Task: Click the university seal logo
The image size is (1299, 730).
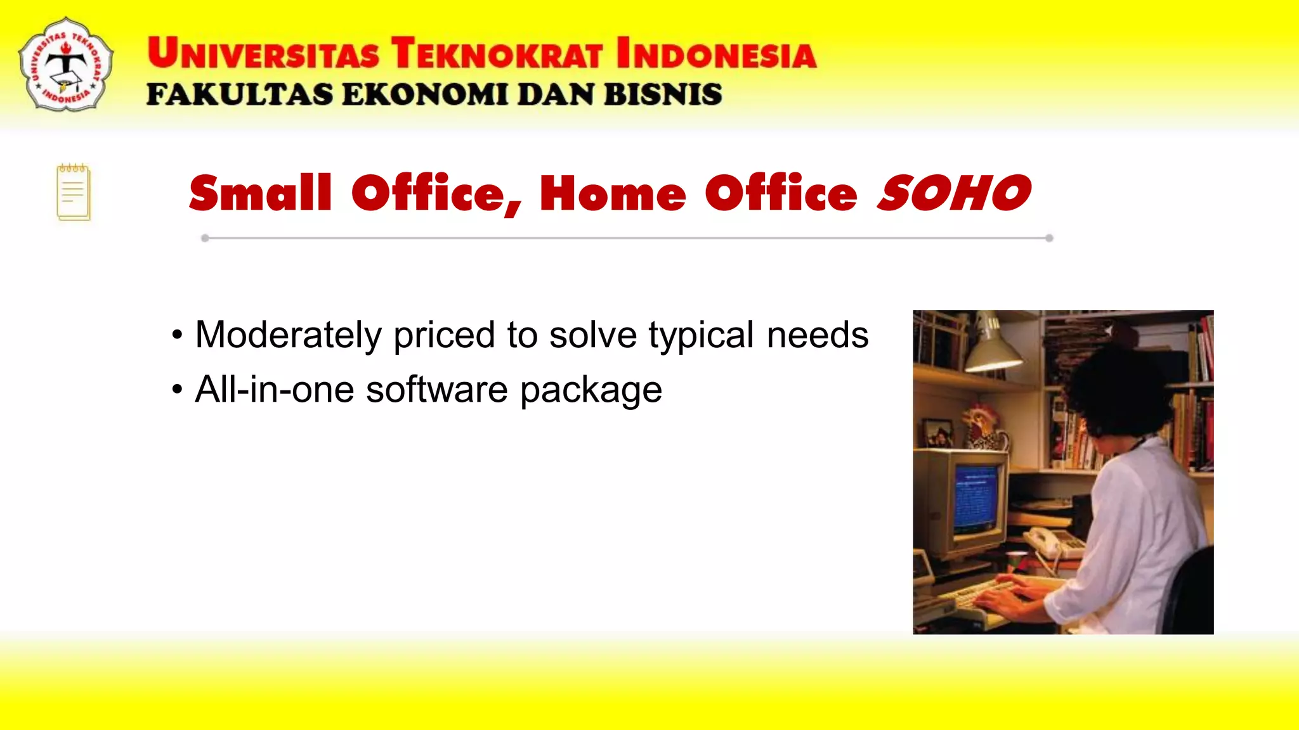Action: (x=66, y=65)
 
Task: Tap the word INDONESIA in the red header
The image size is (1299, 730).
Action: (x=716, y=53)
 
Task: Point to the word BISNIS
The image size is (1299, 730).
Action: (x=662, y=95)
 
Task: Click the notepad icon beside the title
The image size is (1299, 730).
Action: (x=74, y=193)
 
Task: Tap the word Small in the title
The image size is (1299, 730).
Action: (x=260, y=193)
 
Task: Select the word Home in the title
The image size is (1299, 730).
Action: (x=613, y=193)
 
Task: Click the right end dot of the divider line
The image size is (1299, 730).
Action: (x=1049, y=238)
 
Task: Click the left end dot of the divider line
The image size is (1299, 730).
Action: (x=205, y=238)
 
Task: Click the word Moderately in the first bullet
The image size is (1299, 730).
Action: (x=288, y=335)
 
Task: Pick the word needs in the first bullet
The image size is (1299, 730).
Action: (x=817, y=335)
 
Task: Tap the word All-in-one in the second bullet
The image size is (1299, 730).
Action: (x=274, y=389)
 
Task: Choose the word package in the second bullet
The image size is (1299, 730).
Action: (x=591, y=390)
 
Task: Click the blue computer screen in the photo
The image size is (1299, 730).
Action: (x=976, y=498)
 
